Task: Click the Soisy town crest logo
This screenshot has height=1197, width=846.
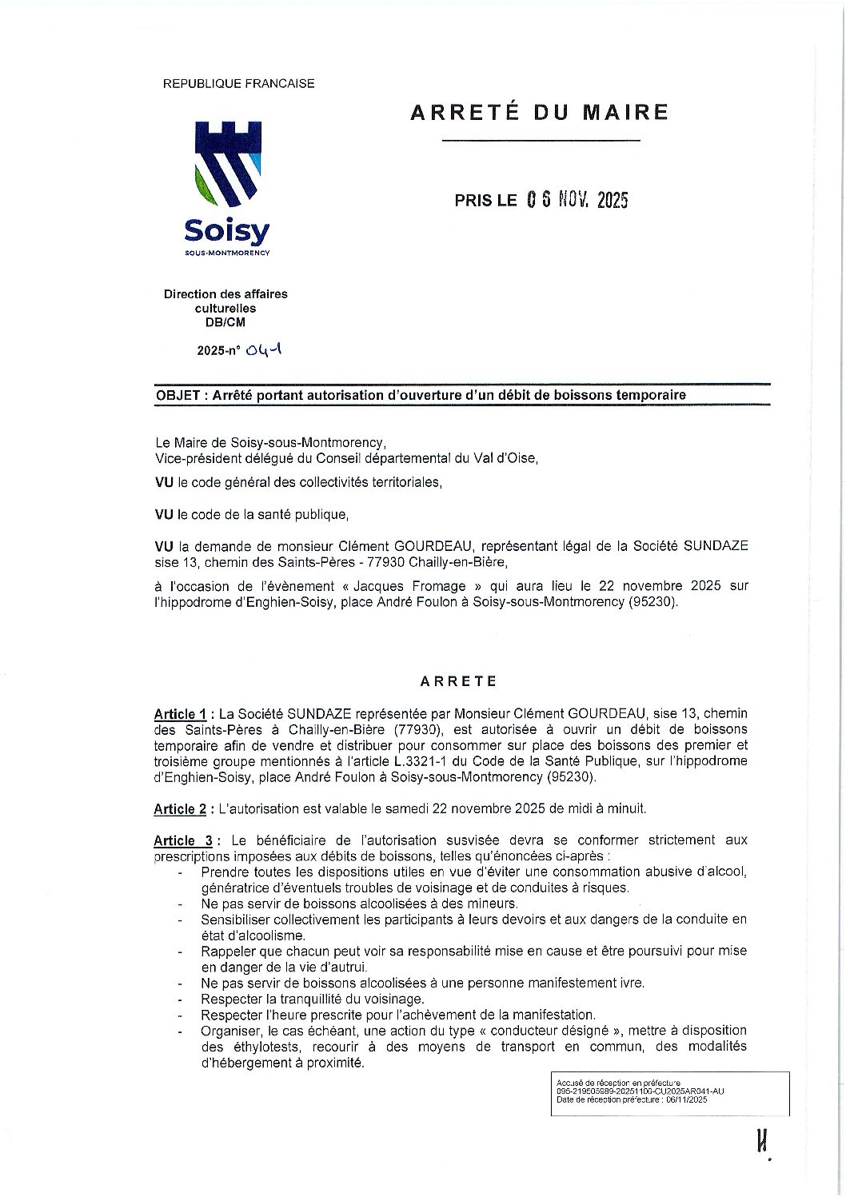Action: [227, 164]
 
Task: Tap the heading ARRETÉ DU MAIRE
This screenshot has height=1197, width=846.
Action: [539, 112]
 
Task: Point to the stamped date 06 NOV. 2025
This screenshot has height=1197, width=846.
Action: [577, 201]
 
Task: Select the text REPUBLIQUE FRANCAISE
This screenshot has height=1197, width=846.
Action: [238, 83]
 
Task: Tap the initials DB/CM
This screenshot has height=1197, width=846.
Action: [225, 322]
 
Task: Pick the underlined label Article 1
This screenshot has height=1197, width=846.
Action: [180, 714]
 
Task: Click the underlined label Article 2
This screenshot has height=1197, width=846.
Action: [180, 809]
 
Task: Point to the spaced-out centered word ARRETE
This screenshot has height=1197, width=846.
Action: [458, 681]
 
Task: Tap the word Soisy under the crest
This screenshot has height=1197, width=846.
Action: [227, 232]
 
